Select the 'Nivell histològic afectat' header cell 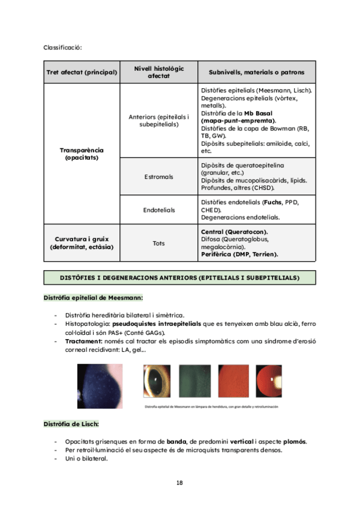159,72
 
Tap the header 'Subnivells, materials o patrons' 256,73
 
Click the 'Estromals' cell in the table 159,177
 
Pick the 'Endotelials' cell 159,210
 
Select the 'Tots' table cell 159,243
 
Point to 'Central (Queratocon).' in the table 234,232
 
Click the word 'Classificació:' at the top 62,47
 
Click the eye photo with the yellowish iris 157,382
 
